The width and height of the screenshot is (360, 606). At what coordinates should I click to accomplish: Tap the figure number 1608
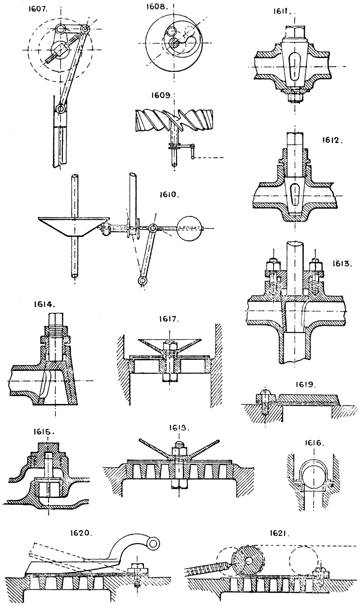(158, 8)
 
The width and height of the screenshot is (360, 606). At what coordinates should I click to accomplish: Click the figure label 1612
(331, 141)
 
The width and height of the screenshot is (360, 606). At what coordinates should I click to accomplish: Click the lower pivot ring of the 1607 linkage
(60, 109)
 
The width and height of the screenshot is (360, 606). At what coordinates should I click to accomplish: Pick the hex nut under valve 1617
(169, 378)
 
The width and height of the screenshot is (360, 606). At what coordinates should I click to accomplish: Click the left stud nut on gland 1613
(270, 263)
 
